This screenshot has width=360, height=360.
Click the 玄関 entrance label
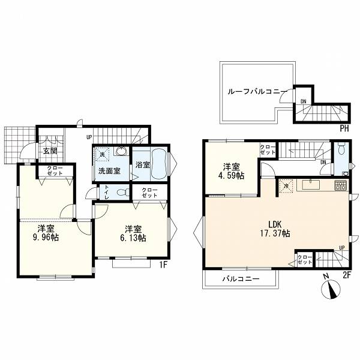coord(50,151)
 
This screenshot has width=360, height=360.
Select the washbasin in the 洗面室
coord(121,151)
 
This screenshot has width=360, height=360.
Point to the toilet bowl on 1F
coord(123,192)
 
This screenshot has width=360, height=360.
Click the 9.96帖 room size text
coord(46,237)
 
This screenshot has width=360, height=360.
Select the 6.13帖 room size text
coord(133,238)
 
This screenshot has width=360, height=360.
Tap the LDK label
coord(275,224)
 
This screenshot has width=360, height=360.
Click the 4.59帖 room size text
coord(231,175)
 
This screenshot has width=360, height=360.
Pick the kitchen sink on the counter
coord(311,185)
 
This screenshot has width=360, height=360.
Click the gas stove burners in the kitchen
coord(341,185)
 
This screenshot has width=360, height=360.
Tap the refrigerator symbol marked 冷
coord(286,186)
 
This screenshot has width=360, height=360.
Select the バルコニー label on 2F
coord(241,279)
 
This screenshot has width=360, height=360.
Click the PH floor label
coord(344,128)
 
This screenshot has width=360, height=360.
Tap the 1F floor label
coord(163,265)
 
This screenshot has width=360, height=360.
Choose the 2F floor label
coord(347,275)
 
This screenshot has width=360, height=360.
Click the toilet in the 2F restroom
coord(341,149)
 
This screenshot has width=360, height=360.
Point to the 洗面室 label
coord(109,171)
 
